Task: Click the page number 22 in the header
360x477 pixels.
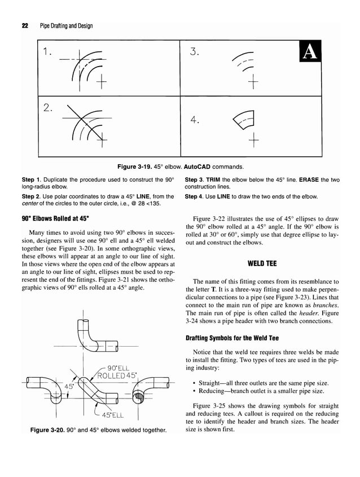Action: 25,26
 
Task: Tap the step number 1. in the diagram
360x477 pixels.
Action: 47,52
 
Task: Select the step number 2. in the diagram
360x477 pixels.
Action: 48,107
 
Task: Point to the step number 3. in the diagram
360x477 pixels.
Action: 195,52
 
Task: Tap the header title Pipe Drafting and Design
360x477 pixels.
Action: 66,26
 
